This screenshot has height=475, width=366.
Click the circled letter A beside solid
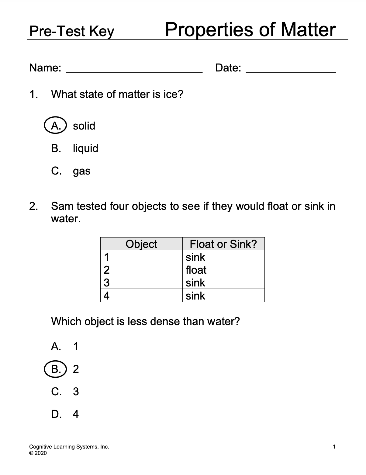tap(55, 126)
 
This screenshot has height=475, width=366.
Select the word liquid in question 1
tap(85, 148)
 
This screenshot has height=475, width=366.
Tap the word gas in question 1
tap(81, 172)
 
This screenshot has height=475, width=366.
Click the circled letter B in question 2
tap(55, 369)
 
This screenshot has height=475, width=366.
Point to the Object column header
tap(141, 244)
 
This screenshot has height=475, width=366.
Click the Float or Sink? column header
tap(223, 244)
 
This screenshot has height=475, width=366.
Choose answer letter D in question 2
tap(56, 414)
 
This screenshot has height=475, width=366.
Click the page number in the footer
tap(334, 447)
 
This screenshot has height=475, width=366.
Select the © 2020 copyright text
tap(38, 453)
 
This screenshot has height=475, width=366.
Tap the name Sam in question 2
tap(62, 206)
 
